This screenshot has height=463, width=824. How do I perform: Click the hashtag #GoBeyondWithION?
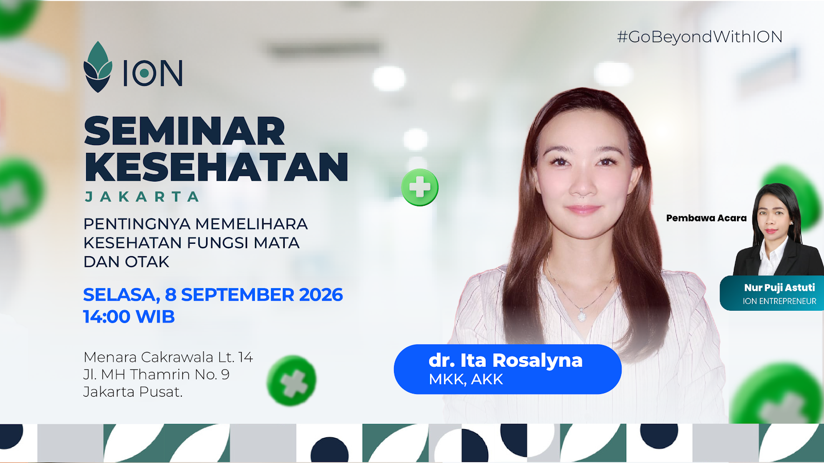tap(700, 37)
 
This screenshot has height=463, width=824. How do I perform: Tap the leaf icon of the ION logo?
tap(98, 67)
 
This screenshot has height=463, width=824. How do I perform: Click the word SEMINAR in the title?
tap(184, 131)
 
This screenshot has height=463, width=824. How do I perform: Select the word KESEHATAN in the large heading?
tap(216, 167)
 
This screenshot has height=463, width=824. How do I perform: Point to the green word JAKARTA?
tap(142, 197)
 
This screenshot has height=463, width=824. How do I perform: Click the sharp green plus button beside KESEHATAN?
tap(420, 187)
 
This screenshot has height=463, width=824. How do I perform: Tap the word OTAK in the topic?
tap(147, 262)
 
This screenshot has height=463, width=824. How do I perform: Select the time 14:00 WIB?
tap(129, 316)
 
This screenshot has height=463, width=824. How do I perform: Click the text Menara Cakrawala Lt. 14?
tap(168, 357)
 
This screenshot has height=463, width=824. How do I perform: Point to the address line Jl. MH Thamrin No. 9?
tap(157, 375)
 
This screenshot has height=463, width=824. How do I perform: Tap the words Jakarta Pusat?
tap(133, 391)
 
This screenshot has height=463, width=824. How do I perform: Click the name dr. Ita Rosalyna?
tap(505, 361)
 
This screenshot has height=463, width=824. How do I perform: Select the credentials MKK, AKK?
tap(466, 380)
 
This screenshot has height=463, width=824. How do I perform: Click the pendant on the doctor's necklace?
tap(581, 315)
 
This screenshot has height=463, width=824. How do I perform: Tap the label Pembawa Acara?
tap(706, 218)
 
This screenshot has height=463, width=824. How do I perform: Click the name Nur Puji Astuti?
tap(780, 288)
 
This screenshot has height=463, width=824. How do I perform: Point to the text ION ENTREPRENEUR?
tap(780, 301)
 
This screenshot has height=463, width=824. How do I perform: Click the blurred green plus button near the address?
tap(291, 381)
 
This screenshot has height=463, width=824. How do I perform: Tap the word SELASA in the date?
tap(122, 295)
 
